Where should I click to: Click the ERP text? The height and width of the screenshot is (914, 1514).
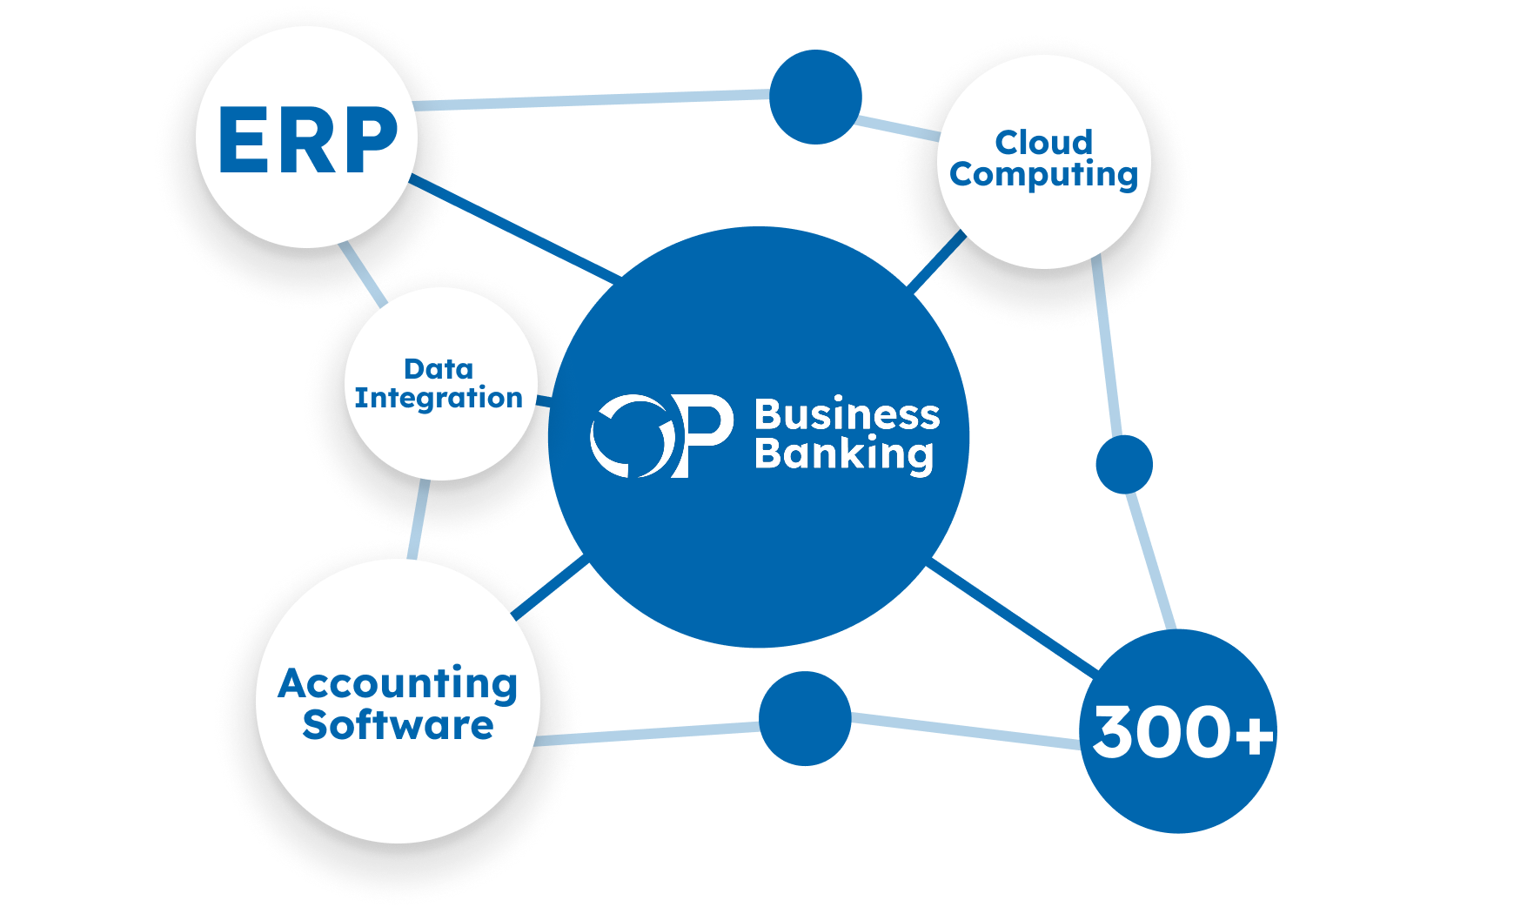[307, 140]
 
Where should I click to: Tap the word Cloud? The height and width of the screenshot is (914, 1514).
[1043, 142]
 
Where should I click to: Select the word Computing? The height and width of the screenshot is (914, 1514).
[1043, 175]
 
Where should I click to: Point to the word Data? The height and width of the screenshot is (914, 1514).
[439, 369]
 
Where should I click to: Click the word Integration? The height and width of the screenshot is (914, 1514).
[439, 398]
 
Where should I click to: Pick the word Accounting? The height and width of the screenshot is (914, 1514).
[398, 684]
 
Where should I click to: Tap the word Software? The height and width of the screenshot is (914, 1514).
[398, 725]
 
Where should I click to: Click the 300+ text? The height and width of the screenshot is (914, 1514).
[1182, 731]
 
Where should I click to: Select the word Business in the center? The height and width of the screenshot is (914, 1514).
[847, 414]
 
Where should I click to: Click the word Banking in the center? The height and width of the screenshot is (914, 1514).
[844, 454]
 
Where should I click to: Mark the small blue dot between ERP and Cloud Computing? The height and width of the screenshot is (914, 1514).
[815, 97]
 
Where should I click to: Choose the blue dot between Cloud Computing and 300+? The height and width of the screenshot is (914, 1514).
[1124, 464]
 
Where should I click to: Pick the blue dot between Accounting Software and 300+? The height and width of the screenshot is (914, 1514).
[805, 718]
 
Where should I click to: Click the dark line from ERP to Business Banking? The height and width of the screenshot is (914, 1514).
[513, 225]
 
